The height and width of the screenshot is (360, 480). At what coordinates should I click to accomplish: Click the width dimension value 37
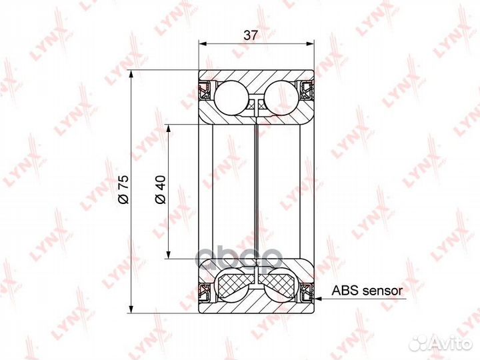click(251, 35)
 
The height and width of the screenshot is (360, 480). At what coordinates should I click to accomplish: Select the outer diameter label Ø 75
click(124, 189)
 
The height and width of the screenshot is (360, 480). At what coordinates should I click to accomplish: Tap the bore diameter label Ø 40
click(161, 189)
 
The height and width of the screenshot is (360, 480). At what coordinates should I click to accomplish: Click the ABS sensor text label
click(367, 290)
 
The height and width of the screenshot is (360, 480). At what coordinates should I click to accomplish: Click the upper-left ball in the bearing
click(231, 98)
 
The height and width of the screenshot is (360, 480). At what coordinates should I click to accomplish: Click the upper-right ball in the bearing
click(281, 98)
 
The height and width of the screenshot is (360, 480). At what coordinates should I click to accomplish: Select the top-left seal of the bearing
click(205, 91)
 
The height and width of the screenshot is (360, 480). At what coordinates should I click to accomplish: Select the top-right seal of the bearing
click(307, 91)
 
